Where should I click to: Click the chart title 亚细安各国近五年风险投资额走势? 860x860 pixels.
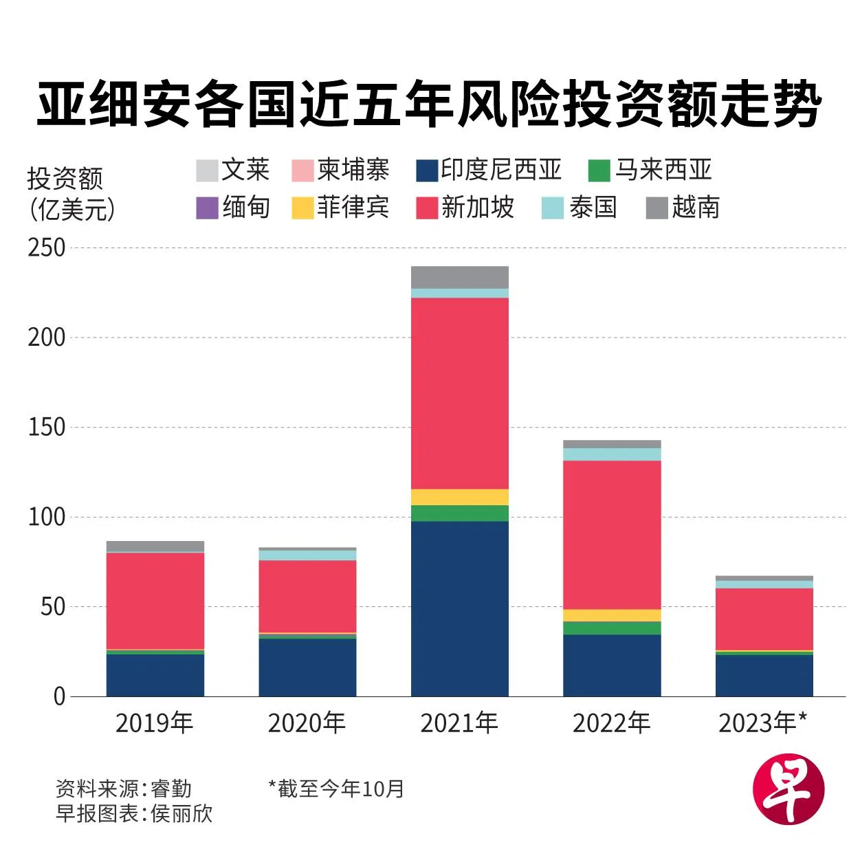click(x=429, y=105)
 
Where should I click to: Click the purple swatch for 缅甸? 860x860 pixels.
click(x=207, y=208)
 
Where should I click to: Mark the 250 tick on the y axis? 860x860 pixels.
click(x=47, y=248)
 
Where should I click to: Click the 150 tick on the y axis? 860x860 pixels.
click(x=47, y=428)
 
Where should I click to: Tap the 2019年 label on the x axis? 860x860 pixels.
click(x=155, y=723)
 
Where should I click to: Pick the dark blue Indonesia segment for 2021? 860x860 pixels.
click(x=459, y=608)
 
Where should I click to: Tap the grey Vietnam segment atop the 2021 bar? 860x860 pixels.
click(x=459, y=277)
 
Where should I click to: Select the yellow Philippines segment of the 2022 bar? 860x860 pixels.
click(x=612, y=615)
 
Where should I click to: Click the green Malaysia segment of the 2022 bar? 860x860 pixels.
click(x=612, y=628)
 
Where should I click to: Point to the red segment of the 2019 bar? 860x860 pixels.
click(x=155, y=601)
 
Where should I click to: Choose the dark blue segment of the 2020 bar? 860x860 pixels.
click(x=307, y=668)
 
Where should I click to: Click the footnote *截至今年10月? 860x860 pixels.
click(x=336, y=789)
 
